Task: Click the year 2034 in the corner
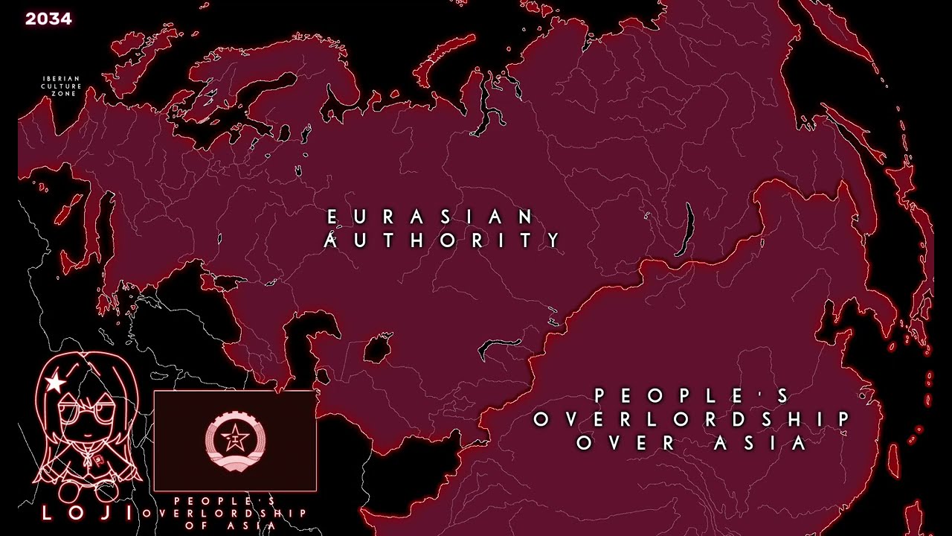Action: point(48,19)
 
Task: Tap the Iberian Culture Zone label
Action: point(61,86)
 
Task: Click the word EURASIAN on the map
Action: point(431,217)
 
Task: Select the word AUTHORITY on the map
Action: point(443,240)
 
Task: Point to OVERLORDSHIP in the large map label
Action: point(692,419)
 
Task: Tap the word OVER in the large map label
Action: point(625,443)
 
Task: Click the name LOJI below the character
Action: point(87,512)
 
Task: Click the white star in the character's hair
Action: point(54,383)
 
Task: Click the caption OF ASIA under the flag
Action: point(235,525)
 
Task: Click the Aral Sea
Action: point(378,347)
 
